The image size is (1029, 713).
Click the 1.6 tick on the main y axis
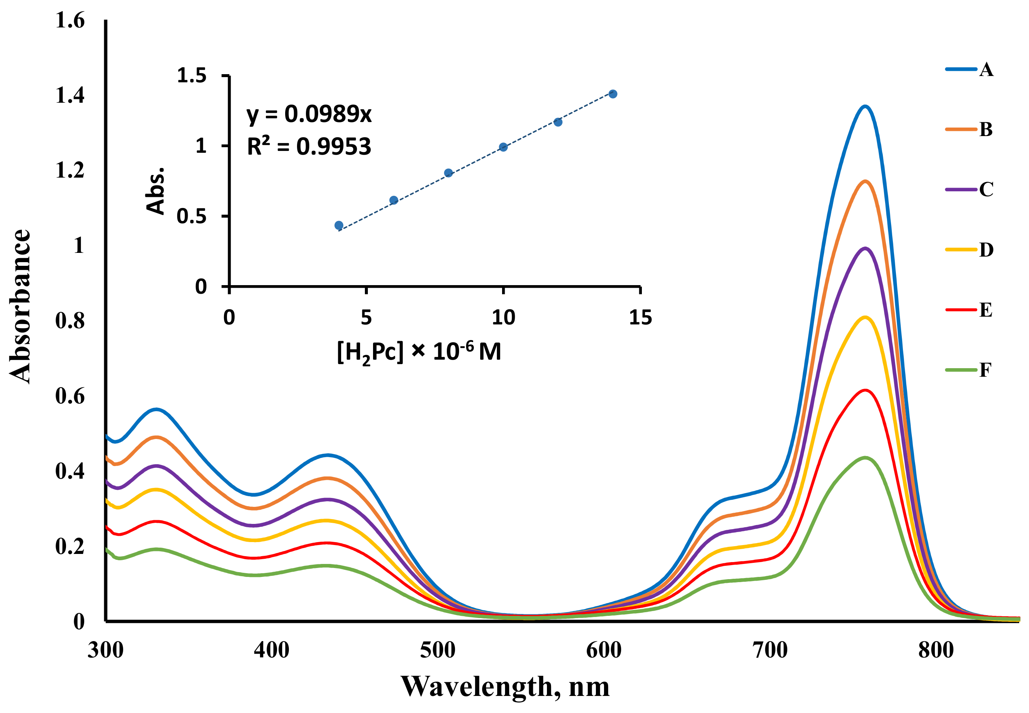[70, 20]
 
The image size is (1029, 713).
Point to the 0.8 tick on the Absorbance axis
[70, 321]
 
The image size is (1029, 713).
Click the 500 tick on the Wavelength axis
[438, 650]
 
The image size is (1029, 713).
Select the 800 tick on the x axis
[936, 650]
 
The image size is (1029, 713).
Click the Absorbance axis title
[20, 307]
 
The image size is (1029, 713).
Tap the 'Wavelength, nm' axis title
[505, 687]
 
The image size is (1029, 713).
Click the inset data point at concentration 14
[613, 94]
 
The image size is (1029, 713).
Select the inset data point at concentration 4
[339, 225]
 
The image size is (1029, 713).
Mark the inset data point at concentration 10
[503, 147]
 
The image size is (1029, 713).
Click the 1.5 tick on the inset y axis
[192, 76]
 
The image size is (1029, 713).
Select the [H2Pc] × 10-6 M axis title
[419, 352]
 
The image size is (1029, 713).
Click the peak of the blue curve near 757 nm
[865, 106]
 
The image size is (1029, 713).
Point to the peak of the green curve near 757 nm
[865, 458]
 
